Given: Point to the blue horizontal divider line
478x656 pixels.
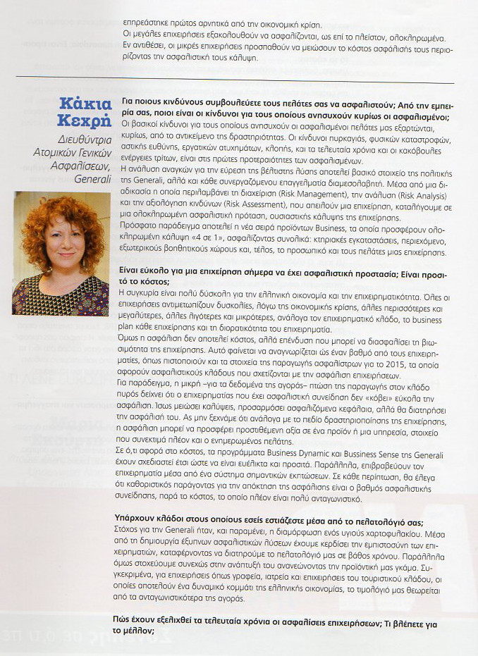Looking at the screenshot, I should point(233,77).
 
